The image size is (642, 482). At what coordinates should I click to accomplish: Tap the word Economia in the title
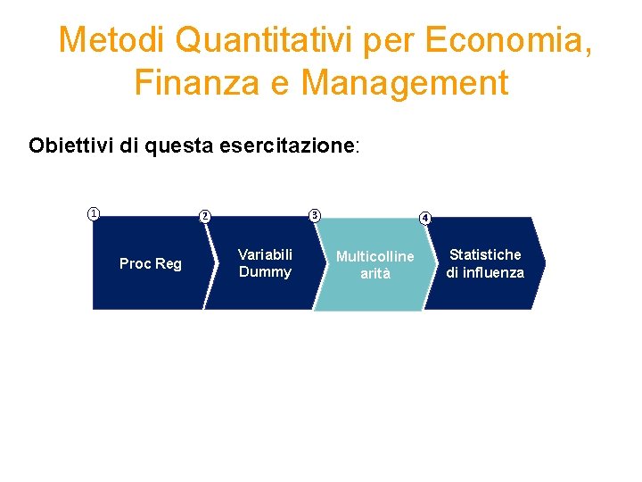click(506, 40)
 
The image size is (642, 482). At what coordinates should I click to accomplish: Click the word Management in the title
click(405, 83)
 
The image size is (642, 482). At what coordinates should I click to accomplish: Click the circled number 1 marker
click(93, 213)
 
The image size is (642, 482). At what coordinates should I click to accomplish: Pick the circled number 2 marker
click(204, 215)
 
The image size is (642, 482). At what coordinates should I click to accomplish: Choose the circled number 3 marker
click(314, 214)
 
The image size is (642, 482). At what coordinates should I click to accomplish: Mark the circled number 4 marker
click(425, 218)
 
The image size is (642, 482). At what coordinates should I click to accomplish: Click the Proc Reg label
click(150, 263)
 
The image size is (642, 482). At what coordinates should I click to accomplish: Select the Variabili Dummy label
click(265, 263)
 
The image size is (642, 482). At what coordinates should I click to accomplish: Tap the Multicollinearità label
click(374, 265)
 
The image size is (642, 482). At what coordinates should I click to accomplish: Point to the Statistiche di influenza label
click(485, 264)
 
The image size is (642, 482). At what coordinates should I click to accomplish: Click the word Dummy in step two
click(265, 272)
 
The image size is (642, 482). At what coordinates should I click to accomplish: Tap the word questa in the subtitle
click(177, 145)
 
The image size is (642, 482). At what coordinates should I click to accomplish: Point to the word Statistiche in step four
click(485, 255)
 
